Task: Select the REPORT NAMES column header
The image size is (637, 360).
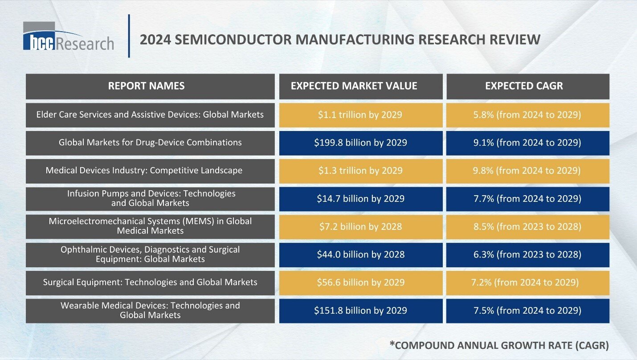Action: [x=146, y=86]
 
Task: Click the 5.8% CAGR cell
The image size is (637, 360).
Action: [x=527, y=115]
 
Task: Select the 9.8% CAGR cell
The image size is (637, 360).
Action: [x=527, y=171]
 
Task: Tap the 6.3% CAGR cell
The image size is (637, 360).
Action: [x=527, y=254]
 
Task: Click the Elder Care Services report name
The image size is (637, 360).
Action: [x=150, y=115]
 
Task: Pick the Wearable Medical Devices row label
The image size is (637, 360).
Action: [x=150, y=310]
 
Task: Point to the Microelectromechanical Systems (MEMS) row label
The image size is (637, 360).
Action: [x=150, y=226]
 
